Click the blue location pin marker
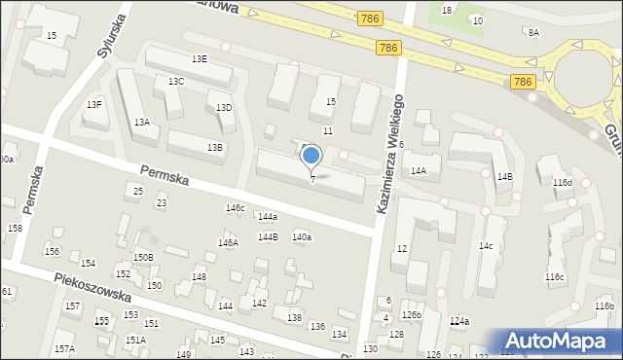311,156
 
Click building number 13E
199,59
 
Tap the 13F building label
94,104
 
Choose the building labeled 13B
214,147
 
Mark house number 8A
533,32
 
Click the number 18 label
447,10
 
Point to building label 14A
419,170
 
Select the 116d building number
563,183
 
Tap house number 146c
235,208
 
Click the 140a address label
302,237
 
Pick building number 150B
143,257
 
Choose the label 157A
64,348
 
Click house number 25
138,191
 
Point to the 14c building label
485,246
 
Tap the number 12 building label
400,249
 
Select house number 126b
412,315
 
